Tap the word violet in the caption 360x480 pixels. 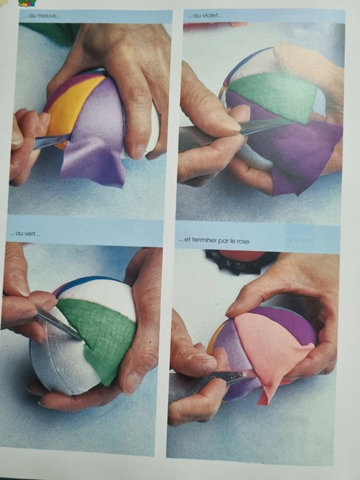tap(212, 15)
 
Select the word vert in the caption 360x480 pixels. tap(32, 234)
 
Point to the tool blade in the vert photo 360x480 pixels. tap(58, 323)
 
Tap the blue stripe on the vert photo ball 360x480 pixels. tap(89, 280)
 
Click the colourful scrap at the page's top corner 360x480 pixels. tap(27, 3)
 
